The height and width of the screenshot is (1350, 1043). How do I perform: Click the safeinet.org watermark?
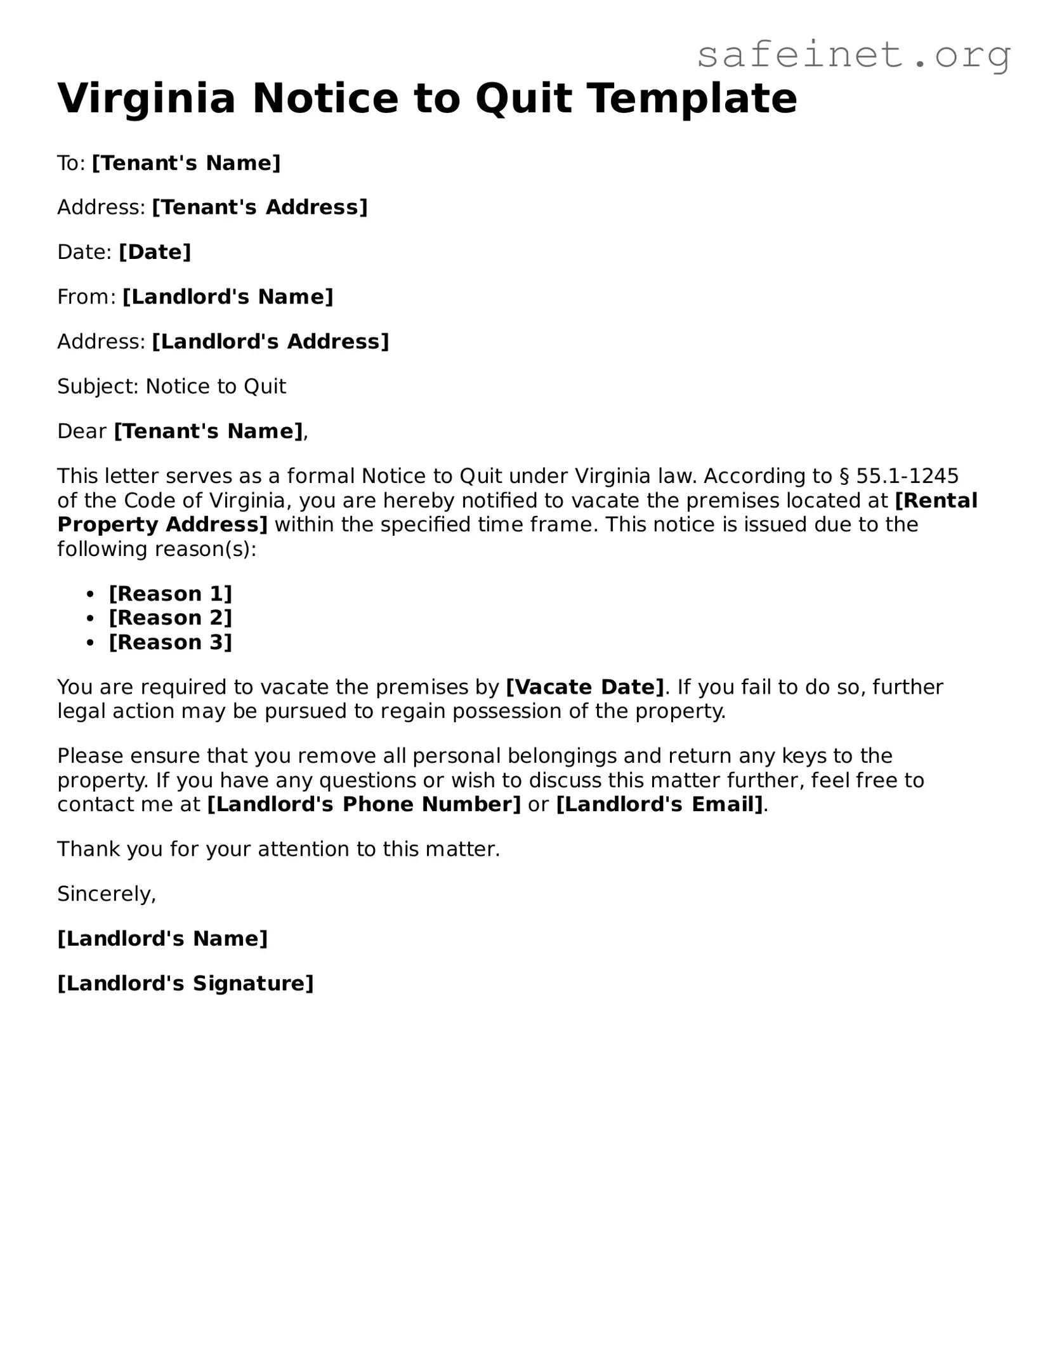point(853,55)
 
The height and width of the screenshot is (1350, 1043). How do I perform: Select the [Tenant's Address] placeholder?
point(259,208)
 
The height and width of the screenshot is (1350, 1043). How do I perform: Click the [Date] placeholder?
point(155,252)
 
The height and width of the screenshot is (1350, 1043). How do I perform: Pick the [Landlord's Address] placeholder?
point(270,341)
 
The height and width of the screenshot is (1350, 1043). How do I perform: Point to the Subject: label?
point(98,387)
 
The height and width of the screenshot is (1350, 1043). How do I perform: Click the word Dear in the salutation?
point(82,432)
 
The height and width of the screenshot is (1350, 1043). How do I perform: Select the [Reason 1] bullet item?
point(171,594)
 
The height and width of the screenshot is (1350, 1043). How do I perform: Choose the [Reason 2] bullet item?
point(171,618)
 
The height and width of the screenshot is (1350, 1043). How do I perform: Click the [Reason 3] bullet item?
point(171,642)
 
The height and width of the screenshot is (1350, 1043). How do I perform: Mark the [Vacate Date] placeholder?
point(585,687)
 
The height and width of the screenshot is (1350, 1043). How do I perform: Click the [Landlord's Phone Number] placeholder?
point(364,804)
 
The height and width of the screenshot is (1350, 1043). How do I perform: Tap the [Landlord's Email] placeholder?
point(660,804)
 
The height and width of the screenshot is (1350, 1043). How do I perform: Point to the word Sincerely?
point(106,894)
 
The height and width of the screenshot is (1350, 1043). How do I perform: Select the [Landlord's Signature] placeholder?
point(185,983)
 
